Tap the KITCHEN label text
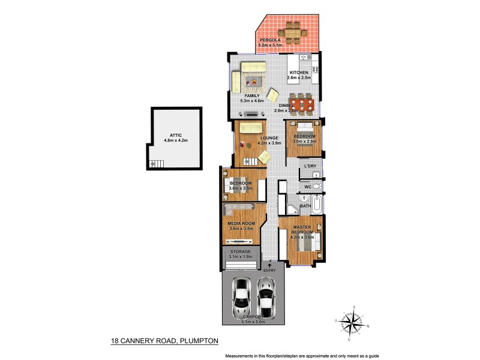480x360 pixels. pyautogui.click(x=298, y=73)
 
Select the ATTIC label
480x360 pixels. pyautogui.click(x=175, y=136)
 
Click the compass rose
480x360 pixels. pyautogui.click(x=353, y=325)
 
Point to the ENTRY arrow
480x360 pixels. pyautogui.click(x=269, y=264)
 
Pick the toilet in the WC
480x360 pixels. pyautogui.click(x=317, y=187)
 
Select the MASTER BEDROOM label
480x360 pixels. pyautogui.click(x=302, y=230)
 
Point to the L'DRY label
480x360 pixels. pyautogui.click(x=310, y=166)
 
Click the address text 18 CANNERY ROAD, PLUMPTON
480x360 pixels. pyautogui.click(x=164, y=341)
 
